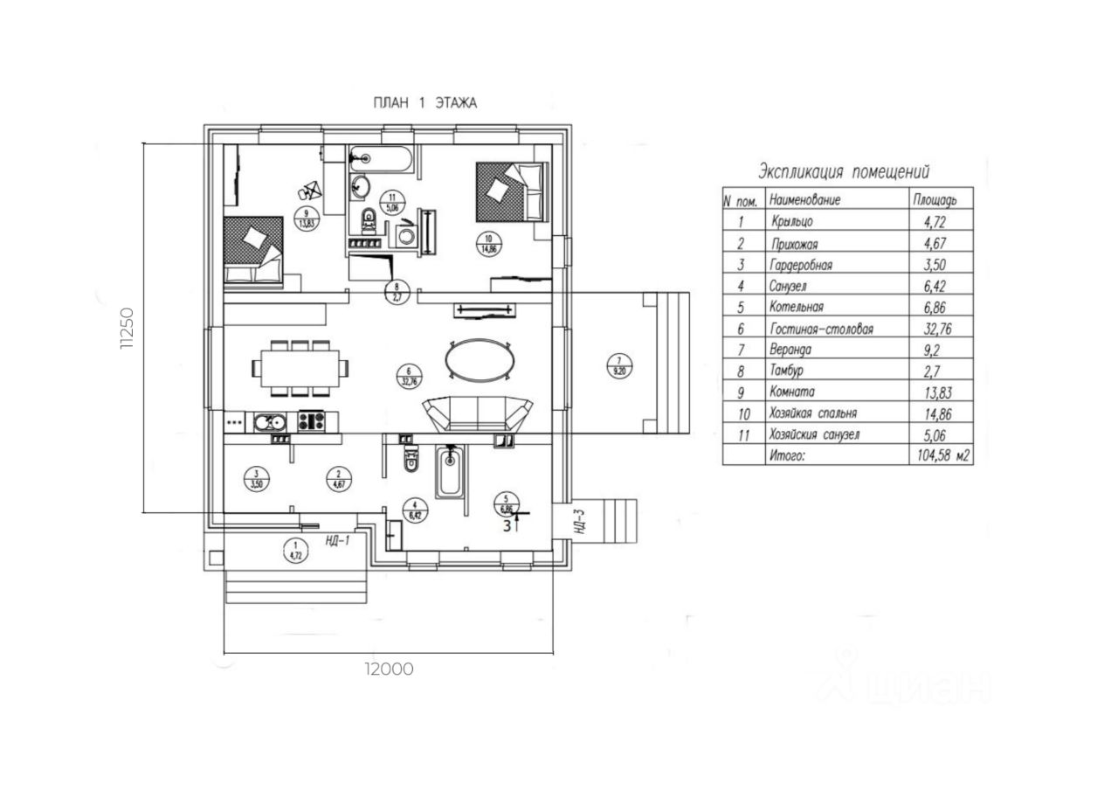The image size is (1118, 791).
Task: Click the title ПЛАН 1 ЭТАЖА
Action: (x=424, y=103)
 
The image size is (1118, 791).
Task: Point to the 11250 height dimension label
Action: (x=128, y=328)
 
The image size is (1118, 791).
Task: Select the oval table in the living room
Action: (x=479, y=358)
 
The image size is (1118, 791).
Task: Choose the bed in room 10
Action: (x=511, y=191)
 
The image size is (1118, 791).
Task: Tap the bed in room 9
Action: (x=254, y=252)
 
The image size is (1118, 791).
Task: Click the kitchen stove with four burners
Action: (x=312, y=421)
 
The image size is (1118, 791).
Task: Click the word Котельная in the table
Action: (x=797, y=308)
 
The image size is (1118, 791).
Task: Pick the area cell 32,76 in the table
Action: (x=935, y=330)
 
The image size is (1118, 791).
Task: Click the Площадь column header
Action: (x=935, y=200)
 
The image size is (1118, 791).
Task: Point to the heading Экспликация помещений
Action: (x=844, y=170)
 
